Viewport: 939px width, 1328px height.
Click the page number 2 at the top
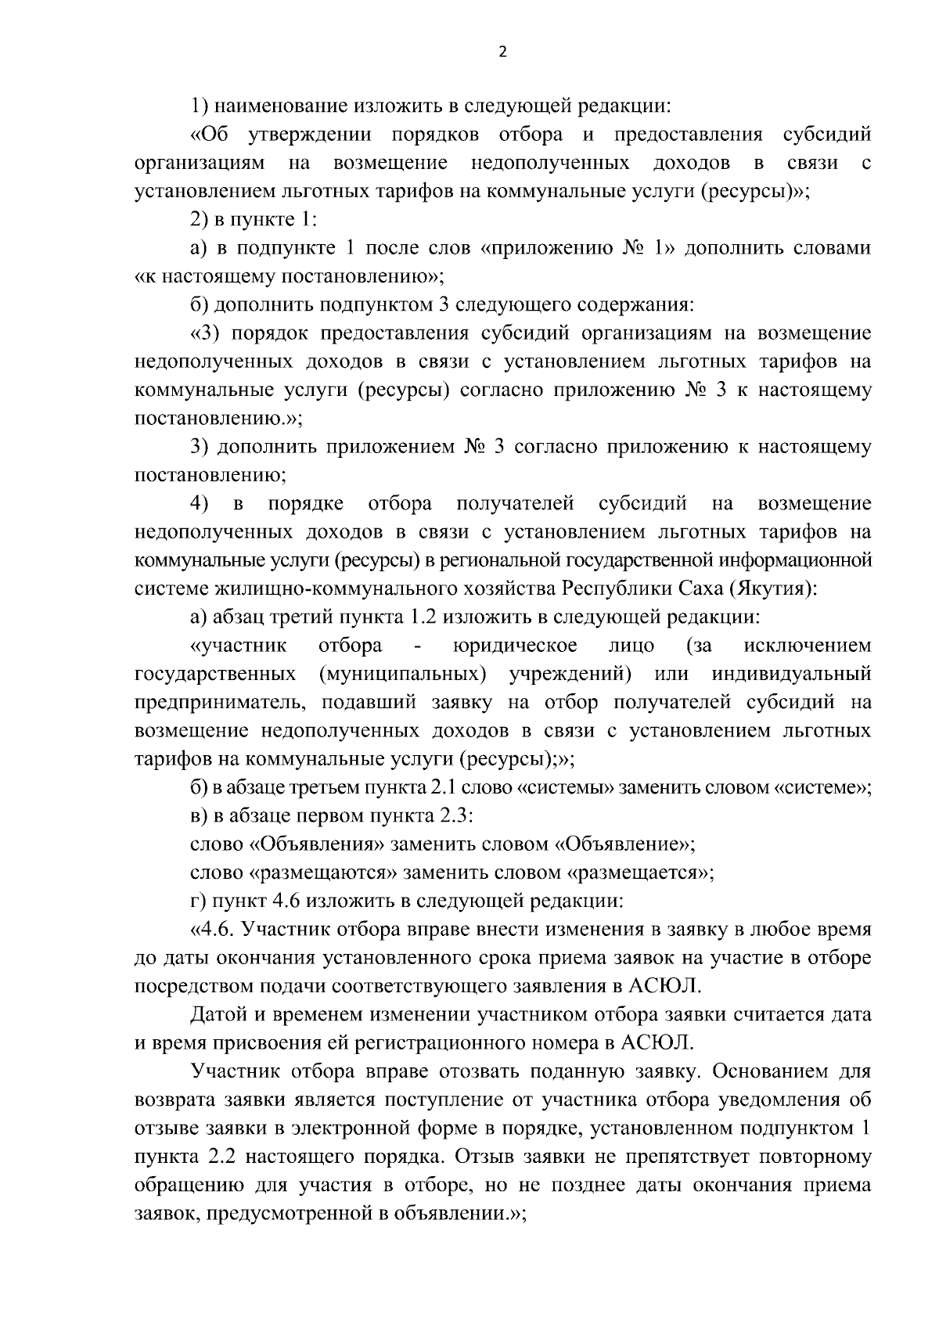502,52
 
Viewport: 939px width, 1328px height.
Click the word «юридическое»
515,646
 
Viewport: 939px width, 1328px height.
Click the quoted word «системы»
567,788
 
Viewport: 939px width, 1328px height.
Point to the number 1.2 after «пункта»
424,617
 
